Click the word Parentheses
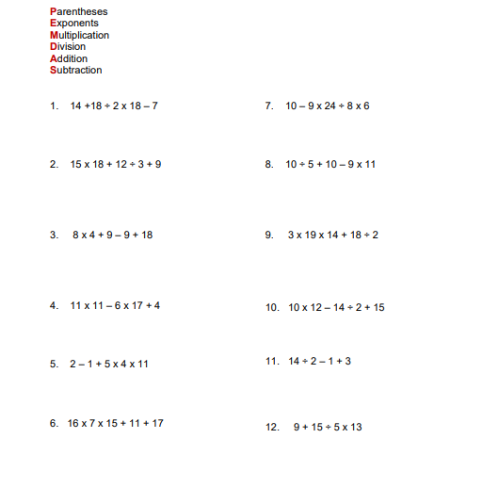pyautogui.click(x=79, y=11)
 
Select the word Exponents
pyautogui.click(x=74, y=23)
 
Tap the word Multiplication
pyautogui.click(x=80, y=35)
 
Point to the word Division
pyautogui.click(x=68, y=46)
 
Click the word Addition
pyautogui.click(x=69, y=58)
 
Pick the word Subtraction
pyautogui.click(x=76, y=70)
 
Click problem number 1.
pyautogui.click(x=54, y=106)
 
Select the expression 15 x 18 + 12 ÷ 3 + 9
pyautogui.click(x=116, y=164)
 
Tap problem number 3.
pyautogui.click(x=54, y=235)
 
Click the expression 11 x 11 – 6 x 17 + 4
pyautogui.click(x=115, y=305)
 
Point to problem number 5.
pyautogui.click(x=54, y=364)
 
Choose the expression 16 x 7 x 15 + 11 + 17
pyautogui.click(x=115, y=423)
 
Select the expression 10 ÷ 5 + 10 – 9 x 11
pyautogui.click(x=330, y=164)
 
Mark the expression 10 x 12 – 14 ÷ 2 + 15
pyautogui.click(x=336, y=307)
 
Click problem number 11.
pyautogui.click(x=272, y=361)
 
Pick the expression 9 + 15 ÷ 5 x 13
pyautogui.click(x=327, y=427)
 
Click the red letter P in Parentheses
pyautogui.click(x=53, y=11)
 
